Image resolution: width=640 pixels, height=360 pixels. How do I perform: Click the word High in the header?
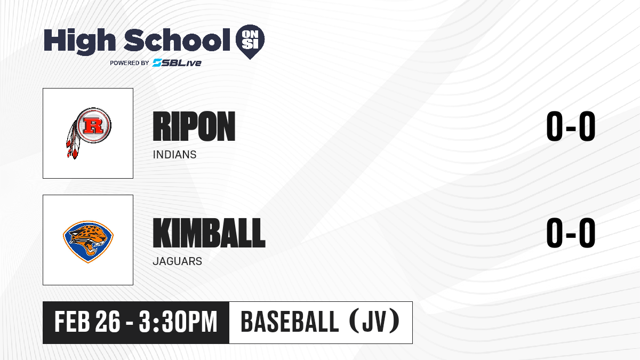(x=80, y=42)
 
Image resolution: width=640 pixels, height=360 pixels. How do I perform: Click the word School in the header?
(x=177, y=40)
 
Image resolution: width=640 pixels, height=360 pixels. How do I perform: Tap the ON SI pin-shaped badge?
(x=250, y=42)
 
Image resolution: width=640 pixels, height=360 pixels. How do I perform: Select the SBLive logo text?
(x=177, y=62)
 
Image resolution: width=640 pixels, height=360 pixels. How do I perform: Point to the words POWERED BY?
(x=130, y=63)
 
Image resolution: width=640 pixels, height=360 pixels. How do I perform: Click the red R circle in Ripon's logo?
(x=93, y=125)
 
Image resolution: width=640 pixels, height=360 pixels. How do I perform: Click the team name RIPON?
(x=194, y=126)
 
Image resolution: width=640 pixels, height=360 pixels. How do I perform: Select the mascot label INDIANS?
(x=174, y=155)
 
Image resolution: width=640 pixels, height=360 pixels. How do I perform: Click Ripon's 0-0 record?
(x=571, y=126)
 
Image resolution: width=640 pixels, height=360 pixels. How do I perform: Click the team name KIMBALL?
(x=209, y=233)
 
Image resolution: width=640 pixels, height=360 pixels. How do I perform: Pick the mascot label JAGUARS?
(x=178, y=261)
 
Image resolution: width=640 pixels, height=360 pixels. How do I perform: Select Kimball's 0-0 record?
(x=571, y=233)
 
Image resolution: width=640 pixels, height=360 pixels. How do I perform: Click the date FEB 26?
(x=87, y=322)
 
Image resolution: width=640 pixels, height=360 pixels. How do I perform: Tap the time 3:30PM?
(x=178, y=322)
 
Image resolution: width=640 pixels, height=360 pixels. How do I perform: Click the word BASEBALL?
(x=290, y=322)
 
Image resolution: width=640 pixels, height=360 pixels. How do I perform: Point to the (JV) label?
(x=374, y=321)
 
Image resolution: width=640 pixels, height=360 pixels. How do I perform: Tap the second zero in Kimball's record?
(x=587, y=233)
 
